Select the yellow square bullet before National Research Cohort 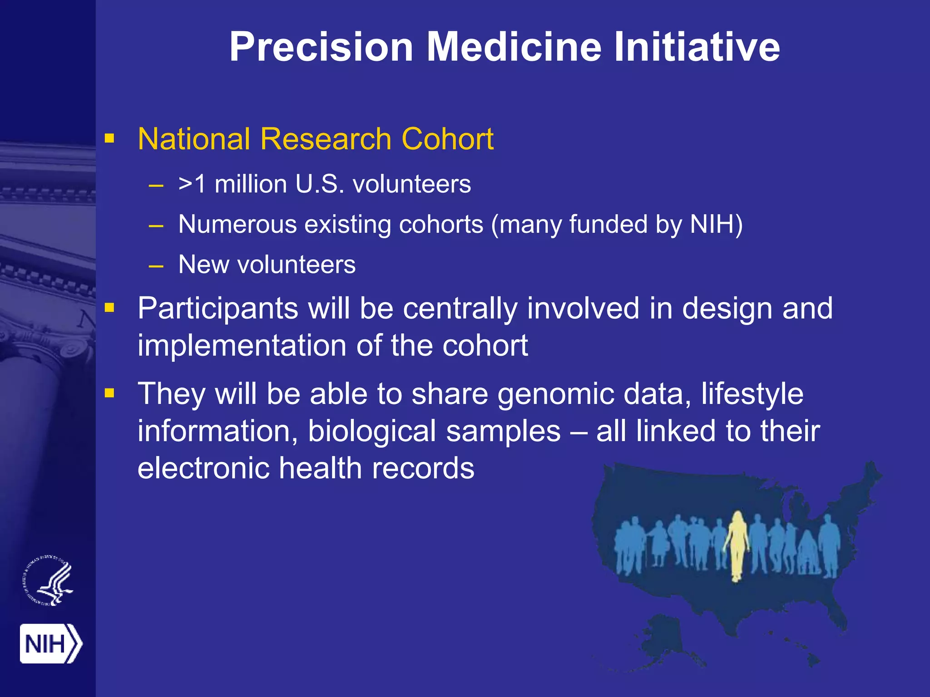(x=109, y=138)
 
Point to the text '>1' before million (x=193, y=184)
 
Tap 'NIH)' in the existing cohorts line (x=716, y=224)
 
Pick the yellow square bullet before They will (x=109, y=393)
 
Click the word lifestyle (x=752, y=395)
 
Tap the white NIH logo (x=50, y=643)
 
